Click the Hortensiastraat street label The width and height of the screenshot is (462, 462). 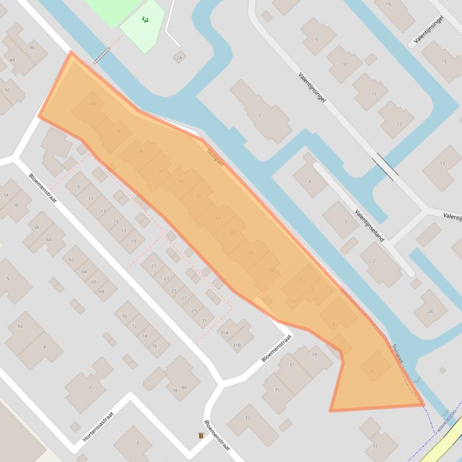98,422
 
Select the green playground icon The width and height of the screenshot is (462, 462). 145,20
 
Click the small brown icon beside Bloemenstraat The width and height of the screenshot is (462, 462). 200,436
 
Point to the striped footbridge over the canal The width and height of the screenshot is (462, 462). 101,55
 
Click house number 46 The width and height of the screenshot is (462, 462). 32,47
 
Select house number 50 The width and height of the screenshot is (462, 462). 7,90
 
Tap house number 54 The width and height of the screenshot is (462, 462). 6,196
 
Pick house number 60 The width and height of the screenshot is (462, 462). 48,239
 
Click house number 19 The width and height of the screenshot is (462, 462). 133,241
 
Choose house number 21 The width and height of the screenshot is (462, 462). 154,266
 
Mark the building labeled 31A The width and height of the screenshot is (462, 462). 224,332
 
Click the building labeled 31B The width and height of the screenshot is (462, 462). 236,346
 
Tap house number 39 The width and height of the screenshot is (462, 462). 314,355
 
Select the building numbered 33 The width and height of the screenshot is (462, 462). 247,418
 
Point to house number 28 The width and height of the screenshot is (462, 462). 430,311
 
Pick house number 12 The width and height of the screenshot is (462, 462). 400,124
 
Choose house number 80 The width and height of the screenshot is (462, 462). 184,388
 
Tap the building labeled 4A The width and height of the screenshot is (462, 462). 20,326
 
